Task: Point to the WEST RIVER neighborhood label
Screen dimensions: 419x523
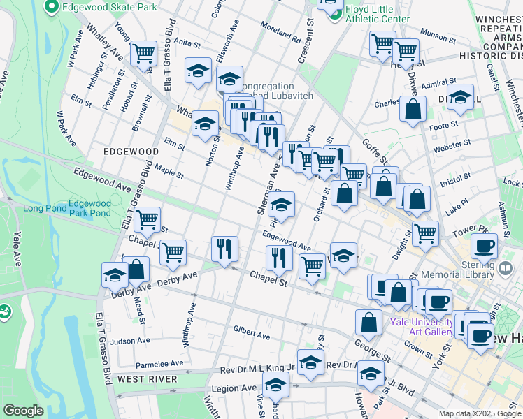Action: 147,378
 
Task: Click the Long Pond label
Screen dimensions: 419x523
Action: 45,208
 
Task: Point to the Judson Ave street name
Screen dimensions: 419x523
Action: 130,341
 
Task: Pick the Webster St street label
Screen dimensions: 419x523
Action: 452,145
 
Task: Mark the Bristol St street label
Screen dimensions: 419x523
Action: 456,179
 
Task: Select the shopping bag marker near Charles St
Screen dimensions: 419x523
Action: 413,109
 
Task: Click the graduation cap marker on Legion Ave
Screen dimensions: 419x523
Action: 276,384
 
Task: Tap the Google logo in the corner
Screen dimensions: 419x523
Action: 24,411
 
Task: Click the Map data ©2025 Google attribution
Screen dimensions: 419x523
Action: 479,413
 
